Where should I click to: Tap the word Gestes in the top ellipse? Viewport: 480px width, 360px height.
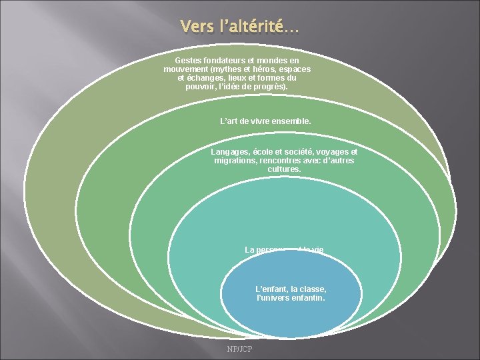pos(189,60)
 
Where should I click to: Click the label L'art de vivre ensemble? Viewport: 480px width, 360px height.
pos(265,121)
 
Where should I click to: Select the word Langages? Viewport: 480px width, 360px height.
pos(231,151)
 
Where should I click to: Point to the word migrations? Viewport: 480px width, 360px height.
pos(236,161)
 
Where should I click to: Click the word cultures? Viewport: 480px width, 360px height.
pos(284,169)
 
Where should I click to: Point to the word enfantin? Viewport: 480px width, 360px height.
pos(309,298)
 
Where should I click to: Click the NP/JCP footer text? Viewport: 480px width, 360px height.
pos(239,349)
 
